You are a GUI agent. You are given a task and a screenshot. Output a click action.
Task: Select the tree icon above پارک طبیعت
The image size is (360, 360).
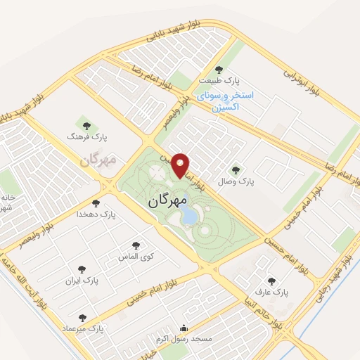point(219,70)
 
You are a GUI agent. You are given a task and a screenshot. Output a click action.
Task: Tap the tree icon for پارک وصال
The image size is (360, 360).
point(234,169)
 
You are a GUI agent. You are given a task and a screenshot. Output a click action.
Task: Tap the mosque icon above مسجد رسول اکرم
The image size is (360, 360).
point(184,328)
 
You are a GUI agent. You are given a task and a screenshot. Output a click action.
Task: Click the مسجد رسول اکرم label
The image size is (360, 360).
point(184,339)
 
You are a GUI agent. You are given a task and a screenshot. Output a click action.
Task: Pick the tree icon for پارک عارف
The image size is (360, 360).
point(271,281)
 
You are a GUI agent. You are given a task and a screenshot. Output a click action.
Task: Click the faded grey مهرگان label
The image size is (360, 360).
point(97,160)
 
